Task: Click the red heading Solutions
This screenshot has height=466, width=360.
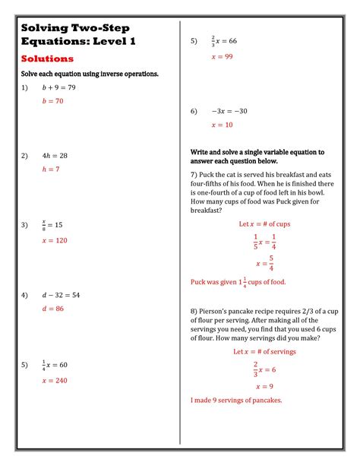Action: coord(47,59)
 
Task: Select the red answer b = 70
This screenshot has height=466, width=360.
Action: coord(52,101)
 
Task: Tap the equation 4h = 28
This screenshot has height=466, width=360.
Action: coord(55,156)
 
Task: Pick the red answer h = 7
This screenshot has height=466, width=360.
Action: coord(50,170)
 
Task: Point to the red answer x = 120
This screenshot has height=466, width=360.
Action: coord(55,240)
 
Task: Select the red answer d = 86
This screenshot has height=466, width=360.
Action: coord(52,309)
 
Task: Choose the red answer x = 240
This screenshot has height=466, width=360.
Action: coord(55,380)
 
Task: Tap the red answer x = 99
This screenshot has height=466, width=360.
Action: coord(222,57)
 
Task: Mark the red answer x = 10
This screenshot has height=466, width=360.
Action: coord(222,125)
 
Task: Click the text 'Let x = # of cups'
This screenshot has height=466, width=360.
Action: coord(264,224)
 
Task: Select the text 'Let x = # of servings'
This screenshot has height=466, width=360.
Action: coord(264,352)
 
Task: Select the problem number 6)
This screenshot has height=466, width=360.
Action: coord(194,111)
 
